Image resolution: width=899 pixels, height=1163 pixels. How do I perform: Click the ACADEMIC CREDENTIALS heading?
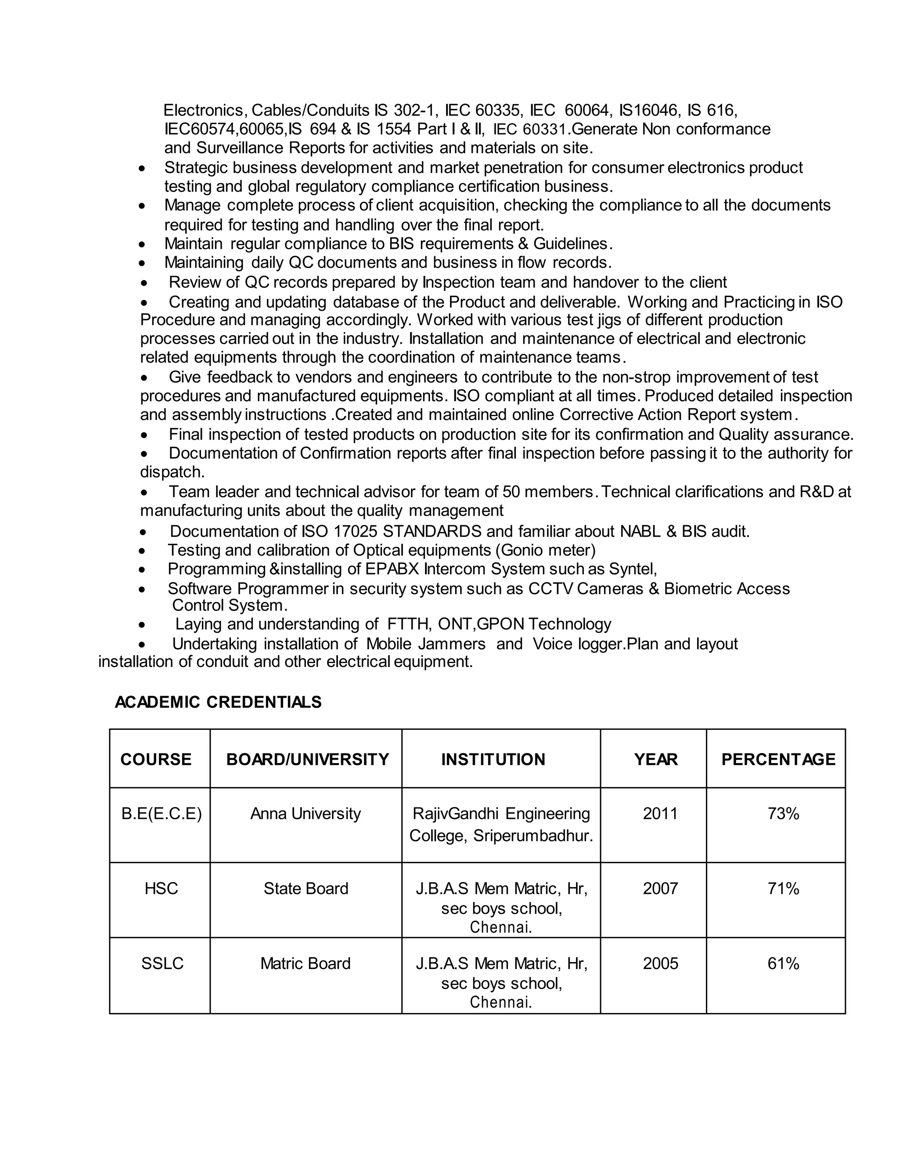[218, 702]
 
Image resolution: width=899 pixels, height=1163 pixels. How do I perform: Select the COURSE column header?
[156, 759]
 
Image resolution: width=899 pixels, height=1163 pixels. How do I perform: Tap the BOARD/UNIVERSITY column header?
[307, 759]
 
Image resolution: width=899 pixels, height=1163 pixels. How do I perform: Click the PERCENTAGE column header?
[778, 759]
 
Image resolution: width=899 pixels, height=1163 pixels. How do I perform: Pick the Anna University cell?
[305, 814]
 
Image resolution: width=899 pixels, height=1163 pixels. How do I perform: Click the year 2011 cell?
[660, 814]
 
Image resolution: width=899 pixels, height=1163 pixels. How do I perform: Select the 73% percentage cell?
[783, 814]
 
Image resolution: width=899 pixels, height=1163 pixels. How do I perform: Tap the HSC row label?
[161, 889]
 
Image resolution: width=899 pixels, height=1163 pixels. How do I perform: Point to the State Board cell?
[306, 889]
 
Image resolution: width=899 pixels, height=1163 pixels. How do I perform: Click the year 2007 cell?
[660, 889]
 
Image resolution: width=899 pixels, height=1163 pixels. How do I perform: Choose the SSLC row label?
[162, 964]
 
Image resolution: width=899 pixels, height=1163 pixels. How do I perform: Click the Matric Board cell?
[305, 964]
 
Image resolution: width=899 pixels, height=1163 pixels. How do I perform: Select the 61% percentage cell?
[783, 964]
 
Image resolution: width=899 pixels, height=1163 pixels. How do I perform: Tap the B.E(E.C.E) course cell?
[162, 814]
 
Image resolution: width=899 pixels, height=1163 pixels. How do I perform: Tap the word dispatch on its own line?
[172, 472]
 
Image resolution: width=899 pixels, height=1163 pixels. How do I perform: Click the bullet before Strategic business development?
[141, 168]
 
